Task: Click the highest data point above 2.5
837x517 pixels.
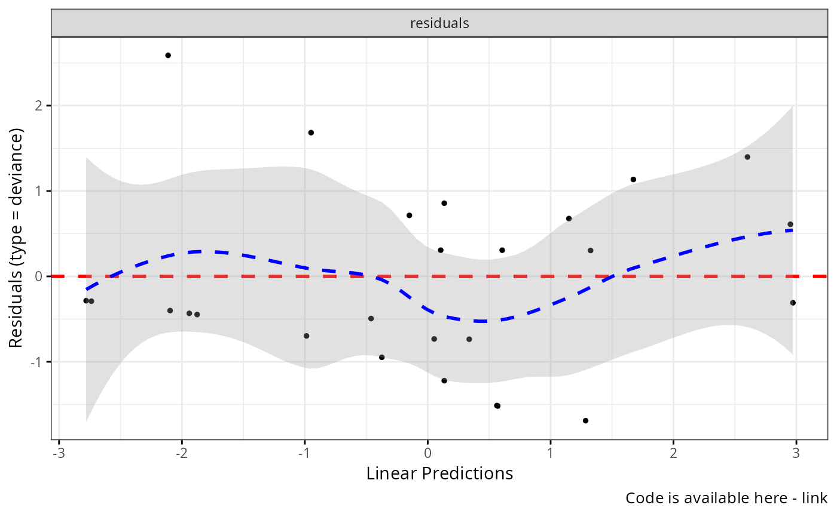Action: click(168, 56)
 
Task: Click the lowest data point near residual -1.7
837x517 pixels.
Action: click(585, 421)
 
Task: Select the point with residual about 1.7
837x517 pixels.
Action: click(311, 133)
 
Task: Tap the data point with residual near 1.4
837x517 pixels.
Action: click(747, 157)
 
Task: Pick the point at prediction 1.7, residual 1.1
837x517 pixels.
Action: click(633, 180)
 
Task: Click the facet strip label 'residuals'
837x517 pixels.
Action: click(439, 24)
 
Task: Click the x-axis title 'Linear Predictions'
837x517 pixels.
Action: click(439, 474)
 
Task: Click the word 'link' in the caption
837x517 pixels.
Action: click(816, 498)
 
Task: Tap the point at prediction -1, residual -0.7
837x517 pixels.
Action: click(306, 336)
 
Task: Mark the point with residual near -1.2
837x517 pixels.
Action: click(444, 381)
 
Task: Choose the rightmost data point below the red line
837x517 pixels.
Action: click(793, 303)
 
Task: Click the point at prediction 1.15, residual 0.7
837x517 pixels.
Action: click(569, 219)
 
